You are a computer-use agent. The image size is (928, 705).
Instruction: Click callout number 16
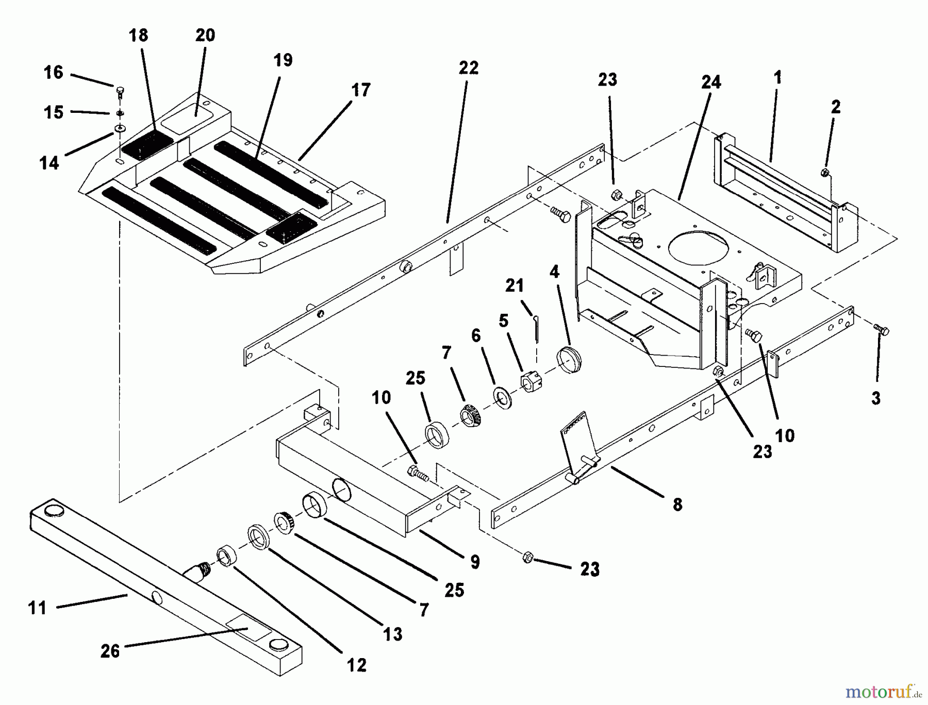54,73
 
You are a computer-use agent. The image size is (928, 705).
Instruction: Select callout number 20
205,36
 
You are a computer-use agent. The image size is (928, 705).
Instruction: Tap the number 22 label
468,68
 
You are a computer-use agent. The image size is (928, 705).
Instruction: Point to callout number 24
711,82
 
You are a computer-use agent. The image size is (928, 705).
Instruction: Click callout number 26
110,651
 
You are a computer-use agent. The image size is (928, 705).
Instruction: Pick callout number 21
514,285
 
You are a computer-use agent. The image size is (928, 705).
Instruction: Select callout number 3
876,398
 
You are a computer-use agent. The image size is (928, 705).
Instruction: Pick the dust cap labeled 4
569,360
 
